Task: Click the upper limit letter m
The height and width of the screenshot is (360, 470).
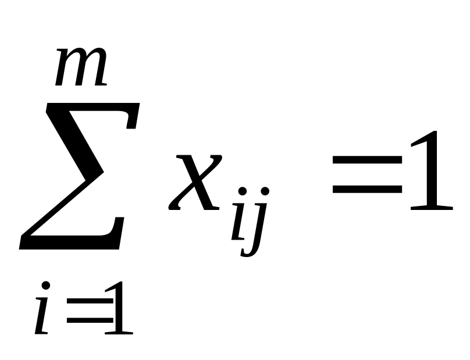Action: (81, 69)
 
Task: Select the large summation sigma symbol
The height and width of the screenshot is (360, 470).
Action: (79, 174)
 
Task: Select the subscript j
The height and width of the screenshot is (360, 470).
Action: (258, 224)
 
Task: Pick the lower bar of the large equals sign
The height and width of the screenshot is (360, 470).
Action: (366, 190)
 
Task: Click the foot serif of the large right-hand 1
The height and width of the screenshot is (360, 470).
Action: (430, 206)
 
